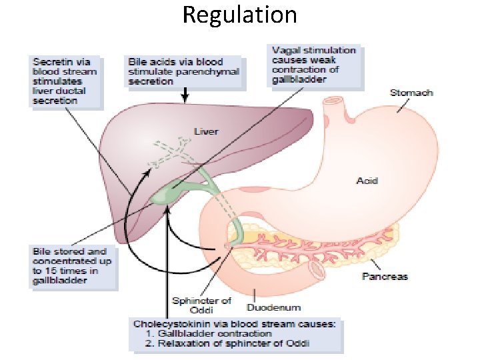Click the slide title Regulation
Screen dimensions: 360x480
click(239, 15)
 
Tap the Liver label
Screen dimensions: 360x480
click(205, 131)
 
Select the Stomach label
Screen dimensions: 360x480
click(411, 92)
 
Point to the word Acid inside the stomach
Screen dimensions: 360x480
click(367, 181)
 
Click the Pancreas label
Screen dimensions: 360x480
click(385, 275)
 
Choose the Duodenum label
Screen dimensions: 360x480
click(273, 308)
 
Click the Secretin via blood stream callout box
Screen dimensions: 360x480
click(65, 82)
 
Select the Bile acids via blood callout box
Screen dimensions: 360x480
click(183, 71)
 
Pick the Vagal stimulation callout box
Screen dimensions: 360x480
click(314, 66)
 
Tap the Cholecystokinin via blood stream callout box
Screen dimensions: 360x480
click(235, 334)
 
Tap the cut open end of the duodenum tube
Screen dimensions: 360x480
click(317, 270)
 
